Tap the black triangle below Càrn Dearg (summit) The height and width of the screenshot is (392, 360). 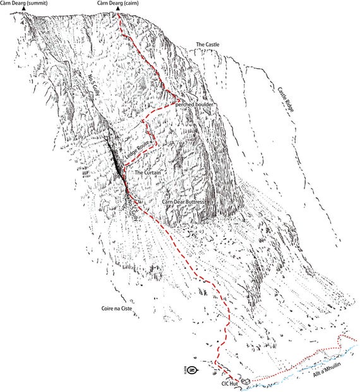(24, 9)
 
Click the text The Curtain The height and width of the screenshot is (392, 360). (149, 172)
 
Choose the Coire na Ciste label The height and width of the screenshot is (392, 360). (110, 309)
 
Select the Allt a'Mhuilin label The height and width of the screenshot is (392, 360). (328, 376)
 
